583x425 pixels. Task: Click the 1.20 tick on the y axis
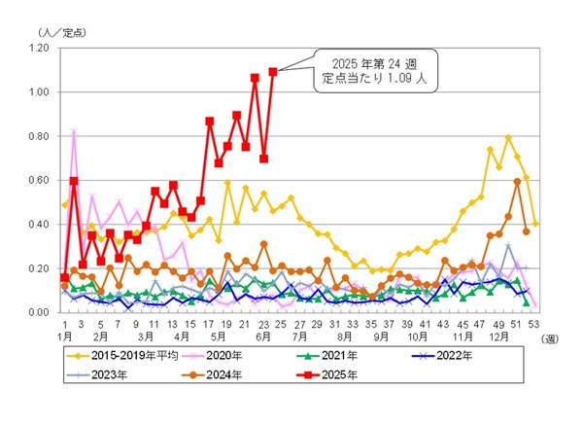pyautogui.click(x=39, y=48)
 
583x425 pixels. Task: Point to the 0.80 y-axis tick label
pyautogui.click(x=39, y=136)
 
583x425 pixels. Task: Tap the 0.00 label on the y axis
pyautogui.click(x=39, y=312)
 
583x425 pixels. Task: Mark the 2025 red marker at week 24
pyautogui.click(x=273, y=71)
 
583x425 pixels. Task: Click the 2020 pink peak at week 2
pyautogui.click(x=74, y=131)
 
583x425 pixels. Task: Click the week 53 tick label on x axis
pyautogui.click(x=536, y=325)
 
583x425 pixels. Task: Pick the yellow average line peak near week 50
pyautogui.click(x=508, y=137)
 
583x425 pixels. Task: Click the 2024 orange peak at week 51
pyautogui.click(x=518, y=181)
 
